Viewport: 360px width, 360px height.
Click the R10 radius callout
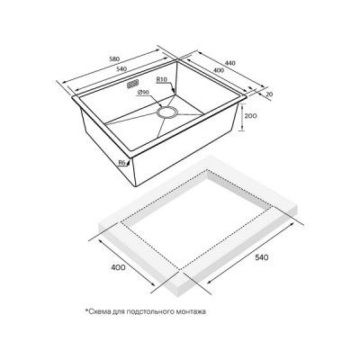click(x=162, y=82)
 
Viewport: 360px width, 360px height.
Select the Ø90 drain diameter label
click(x=143, y=92)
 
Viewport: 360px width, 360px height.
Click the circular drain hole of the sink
click(x=167, y=113)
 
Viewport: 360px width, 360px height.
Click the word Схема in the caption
click(x=102, y=313)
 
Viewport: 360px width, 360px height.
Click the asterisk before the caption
click(x=88, y=312)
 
